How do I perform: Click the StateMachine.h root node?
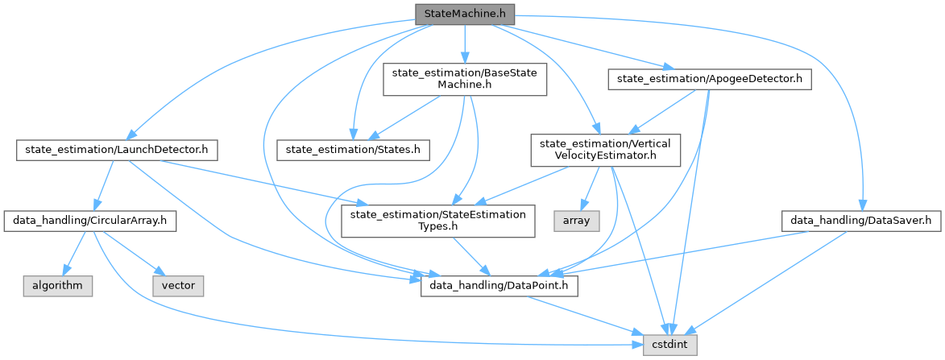click(x=463, y=14)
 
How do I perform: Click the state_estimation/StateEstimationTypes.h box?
click(x=437, y=219)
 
